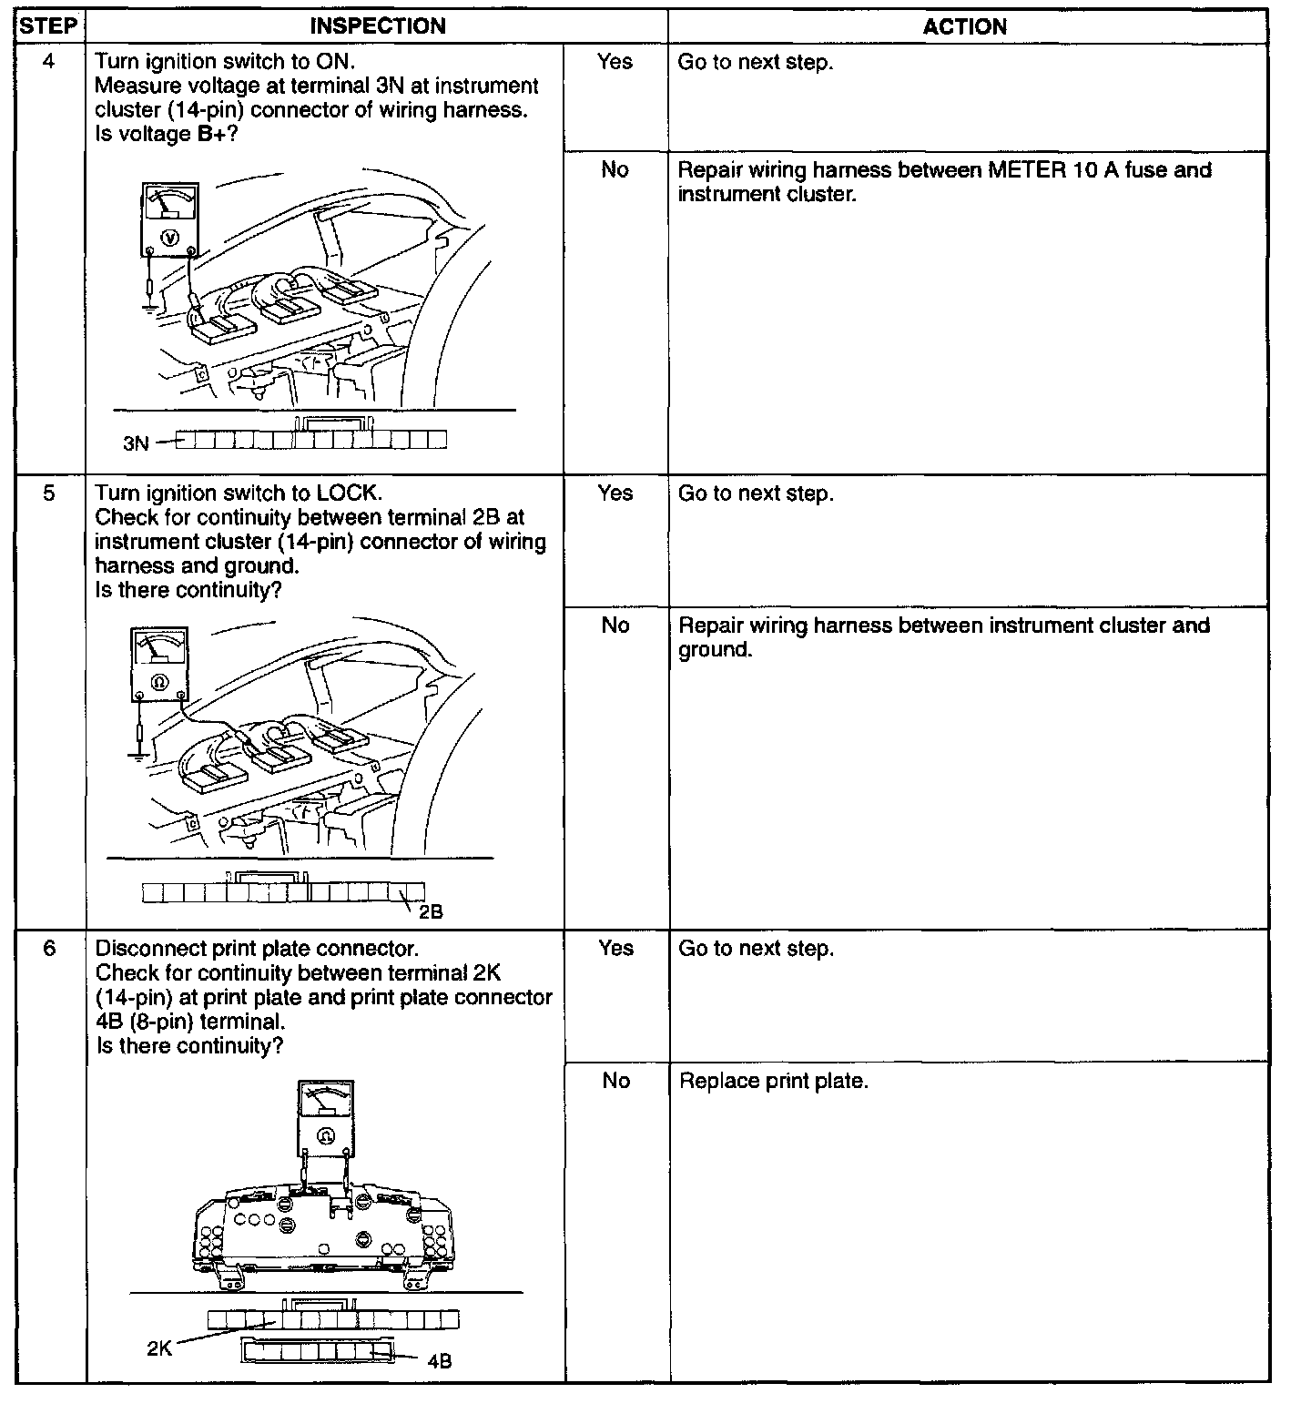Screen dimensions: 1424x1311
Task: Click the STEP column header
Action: pyautogui.click(x=48, y=25)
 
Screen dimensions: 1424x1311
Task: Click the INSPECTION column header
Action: pyautogui.click(x=378, y=26)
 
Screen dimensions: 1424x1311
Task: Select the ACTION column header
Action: pyautogui.click(x=965, y=26)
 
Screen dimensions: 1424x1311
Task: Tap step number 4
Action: pyautogui.click(x=49, y=62)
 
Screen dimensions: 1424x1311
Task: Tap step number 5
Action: pyautogui.click(x=49, y=493)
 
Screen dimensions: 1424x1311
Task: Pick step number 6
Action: pyautogui.click(x=49, y=949)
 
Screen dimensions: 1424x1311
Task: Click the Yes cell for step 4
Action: pyautogui.click(x=615, y=62)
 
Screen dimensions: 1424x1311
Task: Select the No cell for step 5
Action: pyautogui.click(x=615, y=626)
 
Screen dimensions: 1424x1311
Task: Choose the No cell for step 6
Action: pyautogui.click(x=616, y=1081)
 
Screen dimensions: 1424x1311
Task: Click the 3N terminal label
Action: pyautogui.click(x=136, y=443)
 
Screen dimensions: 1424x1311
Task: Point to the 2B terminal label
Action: pyautogui.click(x=431, y=911)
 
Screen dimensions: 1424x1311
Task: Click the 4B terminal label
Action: pyautogui.click(x=439, y=1361)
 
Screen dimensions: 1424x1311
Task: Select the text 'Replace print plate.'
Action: pyautogui.click(x=773, y=1082)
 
